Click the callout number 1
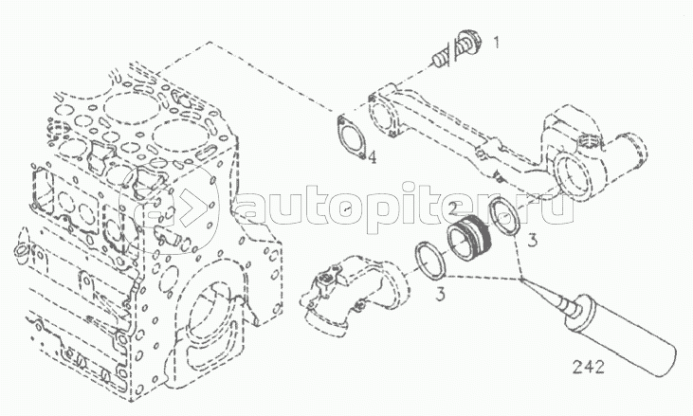[x=497, y=43]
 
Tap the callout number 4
[x=373, y=157]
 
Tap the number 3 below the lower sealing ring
[x=440, y=293]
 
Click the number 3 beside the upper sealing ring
[x=533, y=241]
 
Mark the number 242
[x=589, y=367]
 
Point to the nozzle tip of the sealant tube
[x=522, y=280]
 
